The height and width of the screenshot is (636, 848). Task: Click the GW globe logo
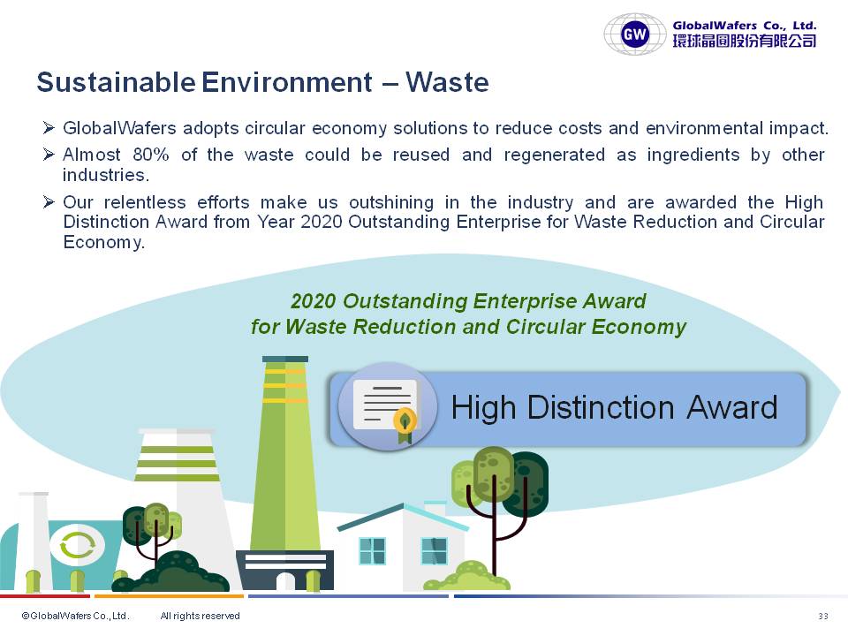635,34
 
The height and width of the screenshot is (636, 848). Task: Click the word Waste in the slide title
447,82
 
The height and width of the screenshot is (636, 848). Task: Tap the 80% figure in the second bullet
151,155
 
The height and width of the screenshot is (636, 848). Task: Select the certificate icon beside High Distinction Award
387,406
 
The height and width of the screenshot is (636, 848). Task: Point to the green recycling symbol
78,545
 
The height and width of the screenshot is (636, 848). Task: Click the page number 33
823,616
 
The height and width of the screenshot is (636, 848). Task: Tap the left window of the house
372,551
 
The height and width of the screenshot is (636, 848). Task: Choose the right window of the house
435,551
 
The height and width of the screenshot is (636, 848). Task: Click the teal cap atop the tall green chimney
285,360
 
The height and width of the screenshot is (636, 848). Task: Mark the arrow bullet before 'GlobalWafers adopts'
49,127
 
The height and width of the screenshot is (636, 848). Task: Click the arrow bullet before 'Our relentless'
49,202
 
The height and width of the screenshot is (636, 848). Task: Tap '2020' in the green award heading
313,301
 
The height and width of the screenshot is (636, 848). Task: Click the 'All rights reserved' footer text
201,616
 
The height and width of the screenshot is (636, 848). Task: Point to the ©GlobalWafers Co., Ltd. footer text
75,616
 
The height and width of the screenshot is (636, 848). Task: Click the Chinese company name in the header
744,42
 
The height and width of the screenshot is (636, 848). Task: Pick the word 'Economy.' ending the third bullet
104,242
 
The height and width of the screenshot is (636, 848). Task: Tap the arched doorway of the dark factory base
285,581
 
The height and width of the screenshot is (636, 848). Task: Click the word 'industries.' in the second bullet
106,175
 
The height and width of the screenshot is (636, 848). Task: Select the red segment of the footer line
45,596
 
